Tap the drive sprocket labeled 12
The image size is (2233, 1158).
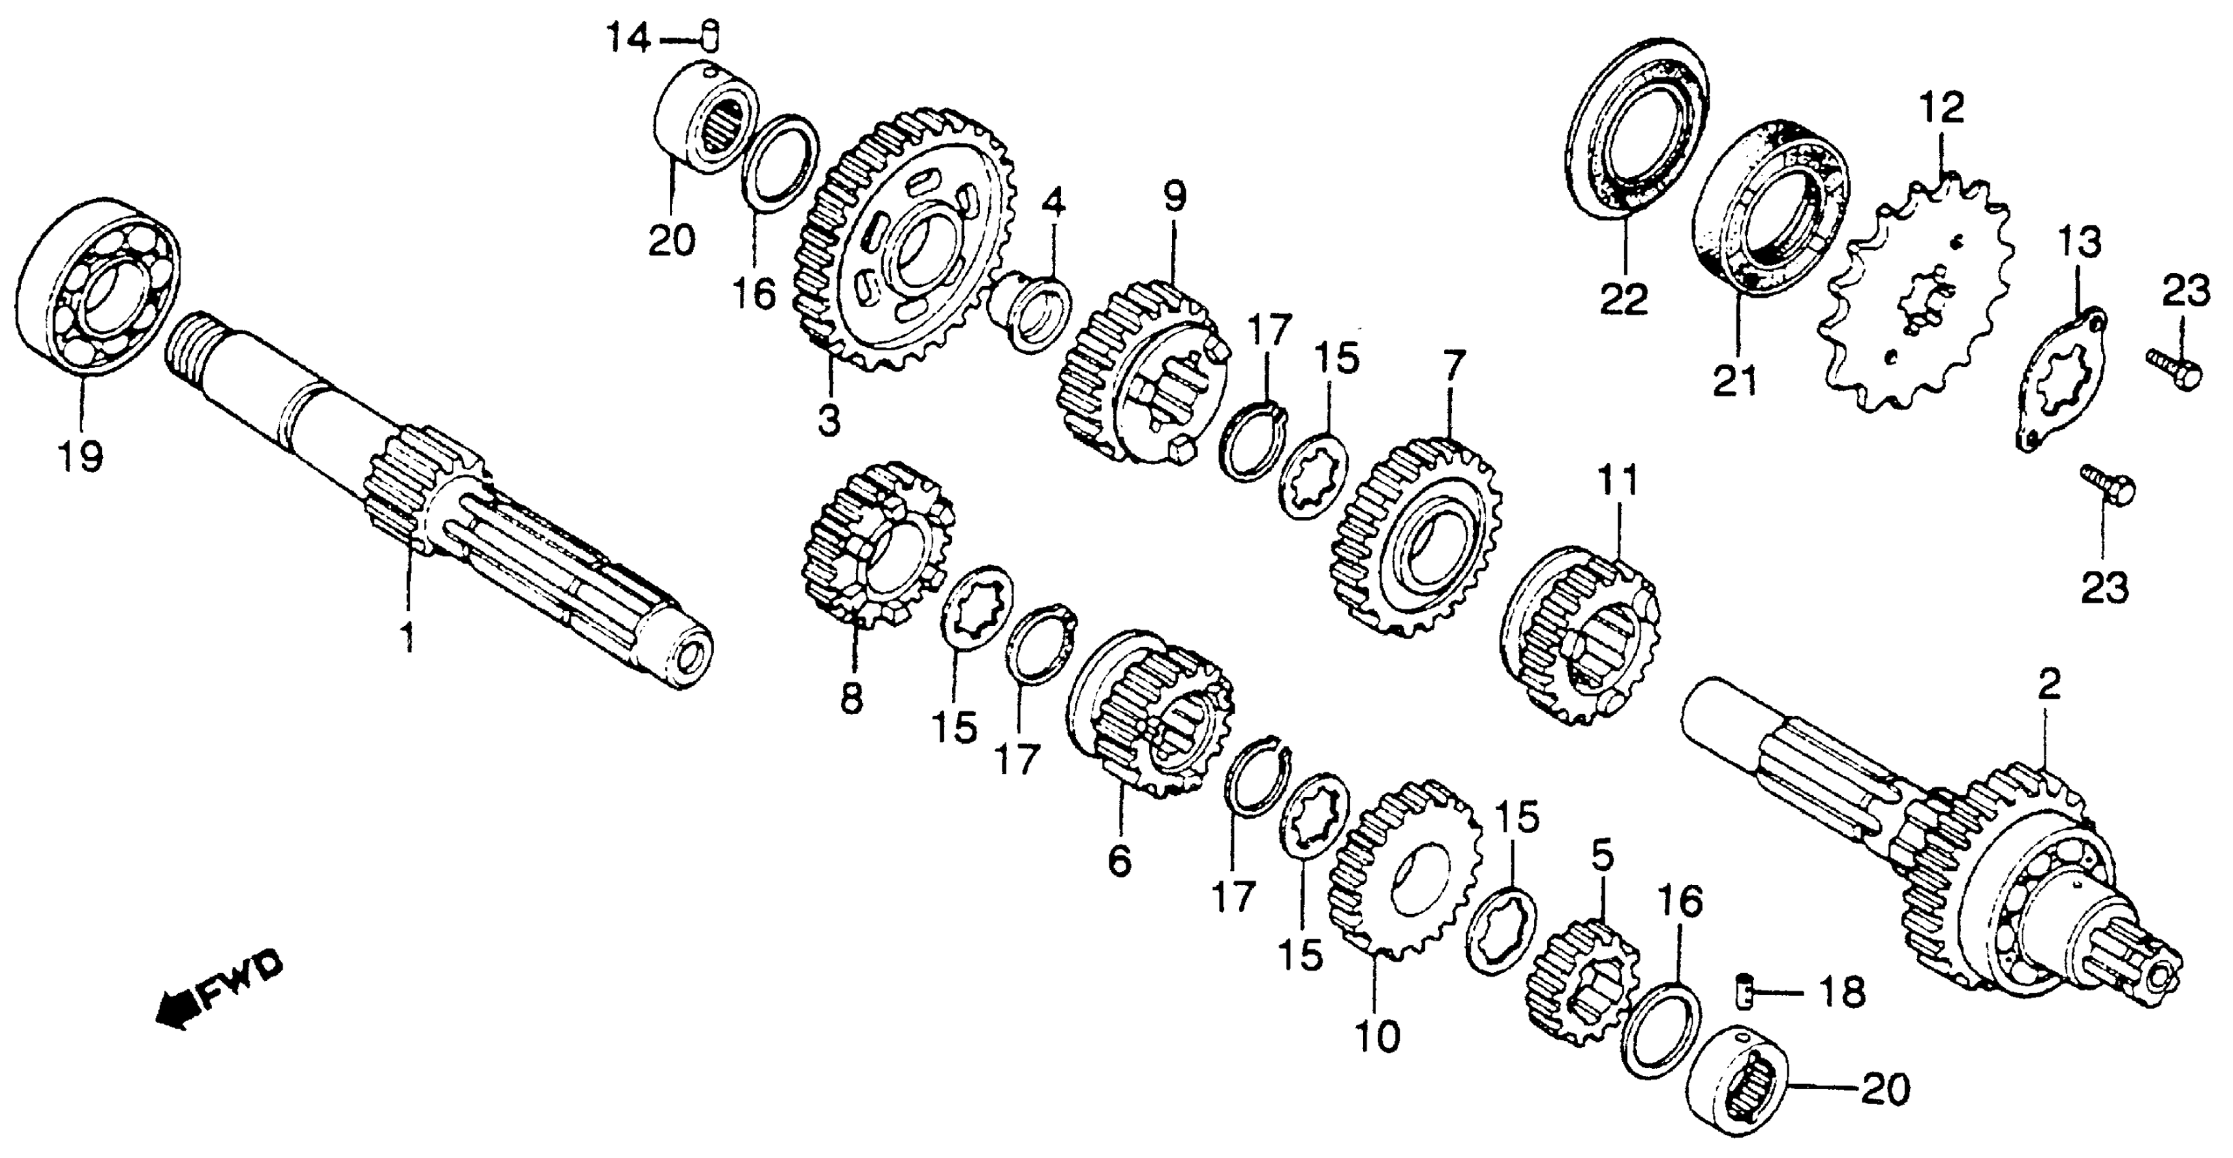point(1920,302)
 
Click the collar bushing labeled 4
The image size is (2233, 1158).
point(1032,312)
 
